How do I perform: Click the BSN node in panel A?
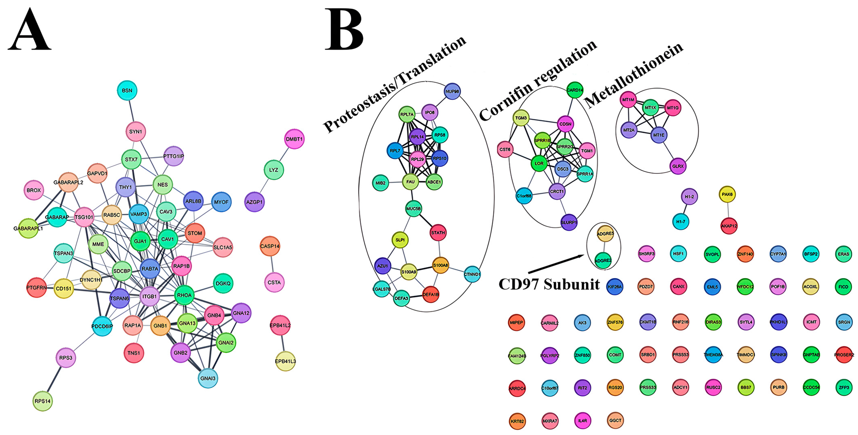[x=127, y=90]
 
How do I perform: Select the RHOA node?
[x=184, y=295]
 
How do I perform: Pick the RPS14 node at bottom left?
[x=43, y=401]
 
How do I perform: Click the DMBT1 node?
[x=294, y=139]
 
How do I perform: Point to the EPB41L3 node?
[x=285, y=361]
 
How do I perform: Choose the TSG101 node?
[x=84, y=217]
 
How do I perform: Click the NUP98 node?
[x=452, y=91]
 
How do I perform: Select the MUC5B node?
[x=413, y=209]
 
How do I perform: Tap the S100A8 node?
[x=440, y=265]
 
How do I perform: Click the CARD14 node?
[x=575, y=90]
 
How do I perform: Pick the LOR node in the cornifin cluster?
[x=539, y=163]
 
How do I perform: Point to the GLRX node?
[x=678, y=166]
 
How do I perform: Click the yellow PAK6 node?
[x=727, y=194]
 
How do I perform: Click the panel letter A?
[x=29, y=30]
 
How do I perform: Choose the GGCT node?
[x=615, y=420]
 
